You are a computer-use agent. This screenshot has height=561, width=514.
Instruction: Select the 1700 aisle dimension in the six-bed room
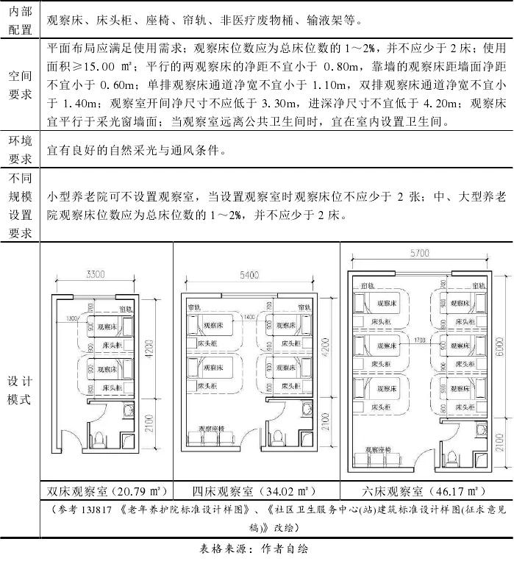click(421, 340)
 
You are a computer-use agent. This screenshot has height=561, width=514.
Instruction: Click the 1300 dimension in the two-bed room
click(71, 318)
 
